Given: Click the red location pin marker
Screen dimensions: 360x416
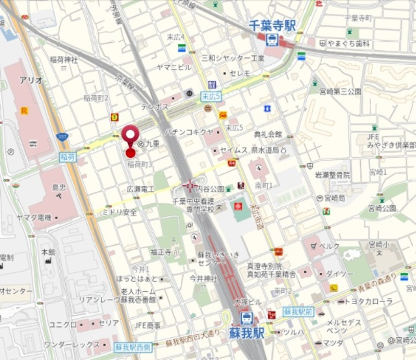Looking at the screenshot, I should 131,137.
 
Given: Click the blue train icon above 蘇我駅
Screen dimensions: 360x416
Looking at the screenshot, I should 247,318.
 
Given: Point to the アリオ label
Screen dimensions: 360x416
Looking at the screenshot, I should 31,80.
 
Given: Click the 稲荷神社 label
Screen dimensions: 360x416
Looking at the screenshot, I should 64,60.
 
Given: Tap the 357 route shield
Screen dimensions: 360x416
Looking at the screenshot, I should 62,138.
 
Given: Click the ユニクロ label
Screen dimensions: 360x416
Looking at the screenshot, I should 63,323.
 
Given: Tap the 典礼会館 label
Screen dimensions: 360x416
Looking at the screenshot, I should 268,134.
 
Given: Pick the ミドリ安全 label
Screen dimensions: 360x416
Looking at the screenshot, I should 121,212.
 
